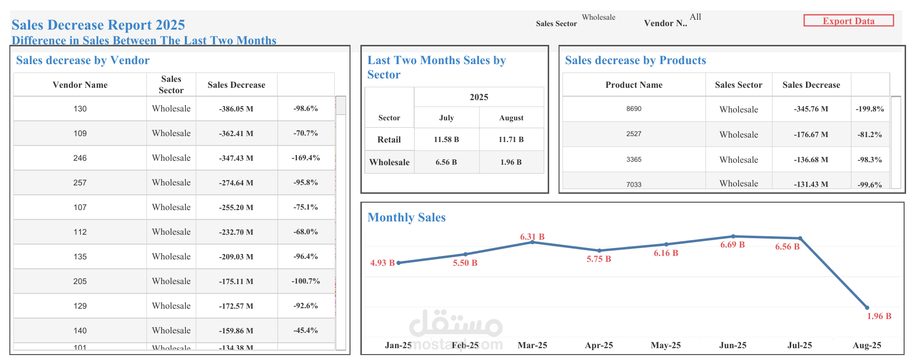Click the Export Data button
[848, 21]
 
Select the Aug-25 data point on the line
[867, 308]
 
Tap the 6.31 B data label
[532, 237]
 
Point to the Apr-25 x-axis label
[598, 345]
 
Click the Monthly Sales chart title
[406, 217]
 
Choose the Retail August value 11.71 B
[511, 140]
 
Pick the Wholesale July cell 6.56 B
[446, 162]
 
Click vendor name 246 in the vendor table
[80, 158]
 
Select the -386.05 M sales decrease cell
[236, 109]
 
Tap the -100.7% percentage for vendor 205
[306, 281]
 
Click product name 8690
[633, 109]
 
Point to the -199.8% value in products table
[870, 109]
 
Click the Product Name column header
[633, 85]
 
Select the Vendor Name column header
[80, 85]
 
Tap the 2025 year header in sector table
[479, 97]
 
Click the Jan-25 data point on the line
[398, 263]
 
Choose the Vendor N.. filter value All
[695, 17]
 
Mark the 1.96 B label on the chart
[879, 316]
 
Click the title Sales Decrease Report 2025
[98, 25]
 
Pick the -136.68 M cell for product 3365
[810, 160]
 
